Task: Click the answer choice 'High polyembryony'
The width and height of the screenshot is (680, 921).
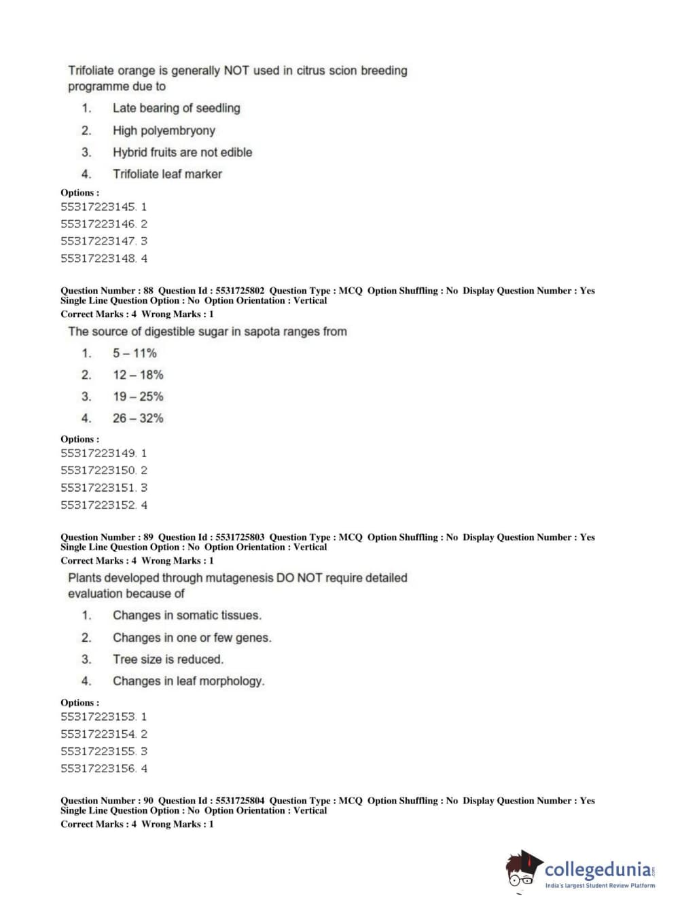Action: pos(164,130)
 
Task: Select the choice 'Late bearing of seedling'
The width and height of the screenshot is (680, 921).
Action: pos(176,108)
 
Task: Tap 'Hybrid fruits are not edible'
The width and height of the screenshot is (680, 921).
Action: pos(182,152)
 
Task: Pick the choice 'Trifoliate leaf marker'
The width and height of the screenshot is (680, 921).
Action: pos(167,174)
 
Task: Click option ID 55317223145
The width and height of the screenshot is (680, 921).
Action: pos(99,206)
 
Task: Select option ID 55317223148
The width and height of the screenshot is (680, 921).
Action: pos(99,258)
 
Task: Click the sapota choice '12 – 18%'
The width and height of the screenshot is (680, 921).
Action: pos(138,375)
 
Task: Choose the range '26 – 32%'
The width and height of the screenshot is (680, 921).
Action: pos(138,418)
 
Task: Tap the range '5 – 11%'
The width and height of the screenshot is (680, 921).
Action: pos(135,353)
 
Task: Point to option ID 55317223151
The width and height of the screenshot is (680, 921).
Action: pos(99,488)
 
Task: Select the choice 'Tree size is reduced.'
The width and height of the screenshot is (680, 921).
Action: pos(168,660)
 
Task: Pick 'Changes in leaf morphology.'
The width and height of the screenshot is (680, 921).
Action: pos(188,681)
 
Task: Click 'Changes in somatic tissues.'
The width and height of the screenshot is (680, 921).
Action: pos(187,615)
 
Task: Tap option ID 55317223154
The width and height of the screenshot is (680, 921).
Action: pos(99,734)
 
